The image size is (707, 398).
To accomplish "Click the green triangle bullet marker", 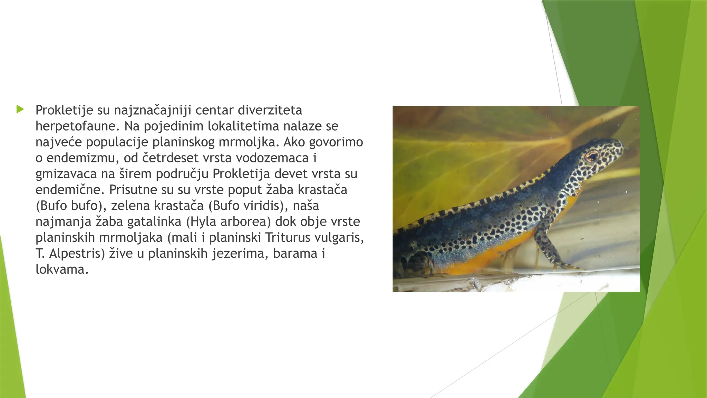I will coord(20,110).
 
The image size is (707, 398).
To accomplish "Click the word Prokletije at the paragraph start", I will coord(64,110).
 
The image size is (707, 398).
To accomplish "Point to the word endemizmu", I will coord(83,158).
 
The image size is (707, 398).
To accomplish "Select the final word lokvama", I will coord(62,269).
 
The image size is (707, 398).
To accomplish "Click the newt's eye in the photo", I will coord(591,157).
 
